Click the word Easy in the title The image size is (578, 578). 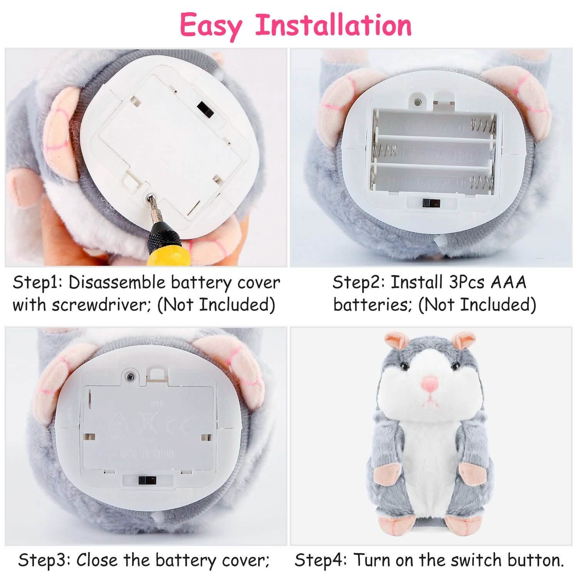pos(211,25)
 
